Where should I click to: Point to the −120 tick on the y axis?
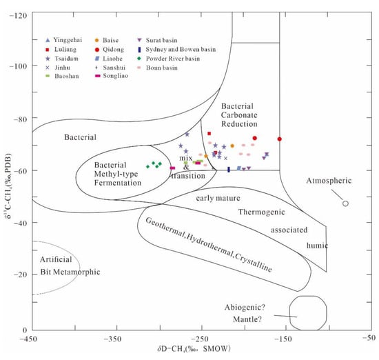19,14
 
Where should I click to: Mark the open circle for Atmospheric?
345,203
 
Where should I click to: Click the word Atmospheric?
329,181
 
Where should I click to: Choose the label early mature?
212,199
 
